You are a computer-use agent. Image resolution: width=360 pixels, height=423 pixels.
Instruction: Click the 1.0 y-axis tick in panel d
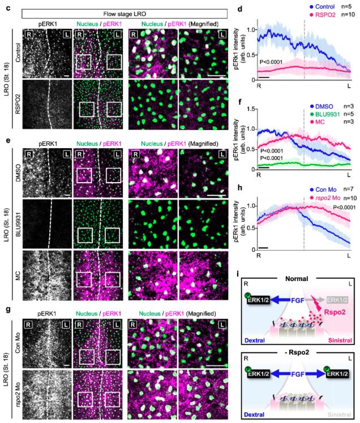252,29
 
